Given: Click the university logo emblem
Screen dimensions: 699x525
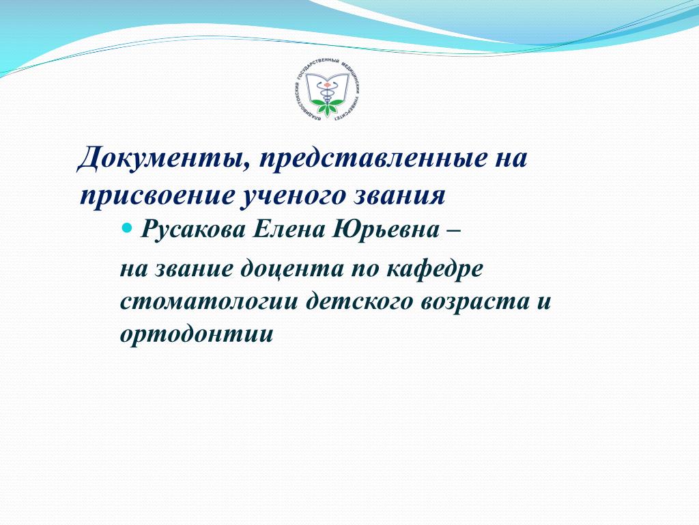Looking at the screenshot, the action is point(328,90).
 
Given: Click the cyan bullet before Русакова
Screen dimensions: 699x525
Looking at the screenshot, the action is point(128,229).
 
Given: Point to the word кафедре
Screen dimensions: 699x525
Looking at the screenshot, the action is point(433,269).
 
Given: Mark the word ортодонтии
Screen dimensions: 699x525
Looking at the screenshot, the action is point(197,334).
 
